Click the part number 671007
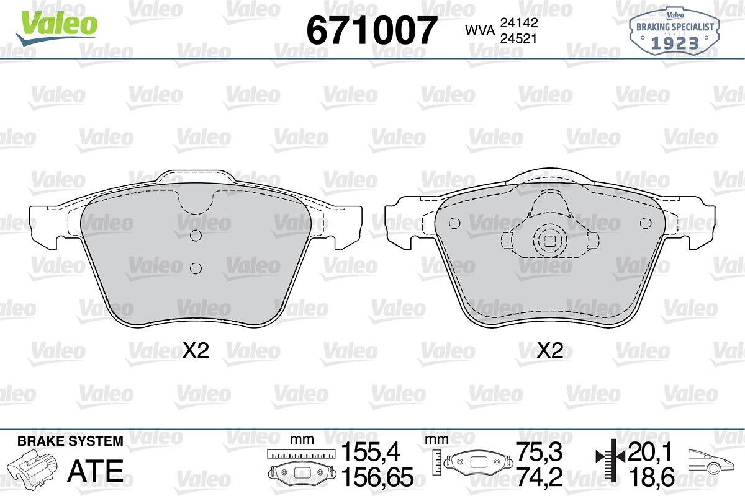(371, 30)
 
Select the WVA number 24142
(519, 22)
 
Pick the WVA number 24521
(519, 39)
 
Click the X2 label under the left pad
(196, 350)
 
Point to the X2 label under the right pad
(550, 350)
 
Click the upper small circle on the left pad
(196, 236)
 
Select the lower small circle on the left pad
(196, 268)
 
